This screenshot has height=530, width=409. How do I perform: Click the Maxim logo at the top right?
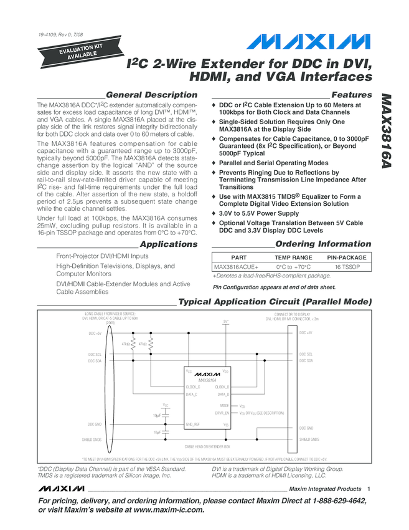(x=308, y=42)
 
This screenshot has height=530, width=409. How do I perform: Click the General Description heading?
(x=152, y=94)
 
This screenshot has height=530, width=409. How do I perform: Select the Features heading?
(x=352, y=94)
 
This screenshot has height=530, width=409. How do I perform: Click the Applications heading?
(x=168, y=244)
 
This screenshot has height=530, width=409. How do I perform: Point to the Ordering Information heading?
(x=323, y=244)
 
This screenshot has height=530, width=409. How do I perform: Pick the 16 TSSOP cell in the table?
(x=347, y=267)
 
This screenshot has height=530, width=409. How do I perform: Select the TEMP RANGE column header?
(x=293, y=257)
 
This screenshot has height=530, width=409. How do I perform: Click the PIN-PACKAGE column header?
(x=347, y=257)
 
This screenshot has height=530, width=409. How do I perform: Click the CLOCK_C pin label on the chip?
(x=193, y=387)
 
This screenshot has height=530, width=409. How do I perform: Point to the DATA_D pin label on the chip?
(x=223, y=395)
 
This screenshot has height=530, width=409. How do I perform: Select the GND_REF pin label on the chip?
(x=193, y=424)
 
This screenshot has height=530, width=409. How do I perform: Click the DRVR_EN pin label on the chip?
(x=222, y=413)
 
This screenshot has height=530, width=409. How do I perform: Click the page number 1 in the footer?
(x=369, y=489)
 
